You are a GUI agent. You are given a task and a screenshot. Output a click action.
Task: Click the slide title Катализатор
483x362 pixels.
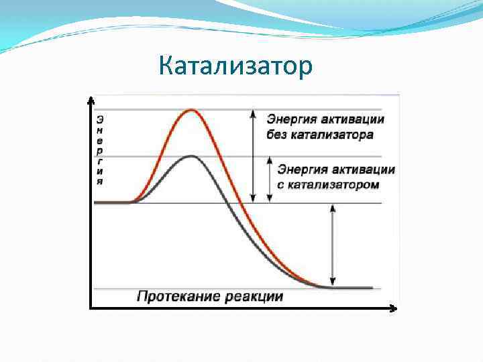tap(236, 66)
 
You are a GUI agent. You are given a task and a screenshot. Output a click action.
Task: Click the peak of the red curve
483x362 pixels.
tap(193, 110)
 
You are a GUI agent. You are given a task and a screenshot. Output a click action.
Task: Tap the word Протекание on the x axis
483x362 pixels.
tap(175, 296)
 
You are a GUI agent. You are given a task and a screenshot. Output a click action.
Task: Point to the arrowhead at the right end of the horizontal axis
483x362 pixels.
tap(394, 309)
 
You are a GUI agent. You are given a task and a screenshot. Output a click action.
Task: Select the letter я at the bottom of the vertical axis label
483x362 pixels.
tap(100, 181)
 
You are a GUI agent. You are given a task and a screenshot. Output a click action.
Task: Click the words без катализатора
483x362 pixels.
tap(320, 135)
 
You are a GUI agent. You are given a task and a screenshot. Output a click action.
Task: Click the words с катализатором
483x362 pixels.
tap(328, 184)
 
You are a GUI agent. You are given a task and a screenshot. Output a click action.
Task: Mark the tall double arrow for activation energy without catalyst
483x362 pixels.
tap(253, 156)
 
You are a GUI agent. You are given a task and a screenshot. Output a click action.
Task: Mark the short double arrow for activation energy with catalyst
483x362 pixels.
tap(270, 179)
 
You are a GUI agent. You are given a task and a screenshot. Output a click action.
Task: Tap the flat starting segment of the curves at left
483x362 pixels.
tap(112, 202)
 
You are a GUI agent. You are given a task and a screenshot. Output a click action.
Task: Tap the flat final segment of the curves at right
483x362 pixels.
tap(349, 288)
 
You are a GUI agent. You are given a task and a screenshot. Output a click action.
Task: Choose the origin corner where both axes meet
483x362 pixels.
tap(91, 309)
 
